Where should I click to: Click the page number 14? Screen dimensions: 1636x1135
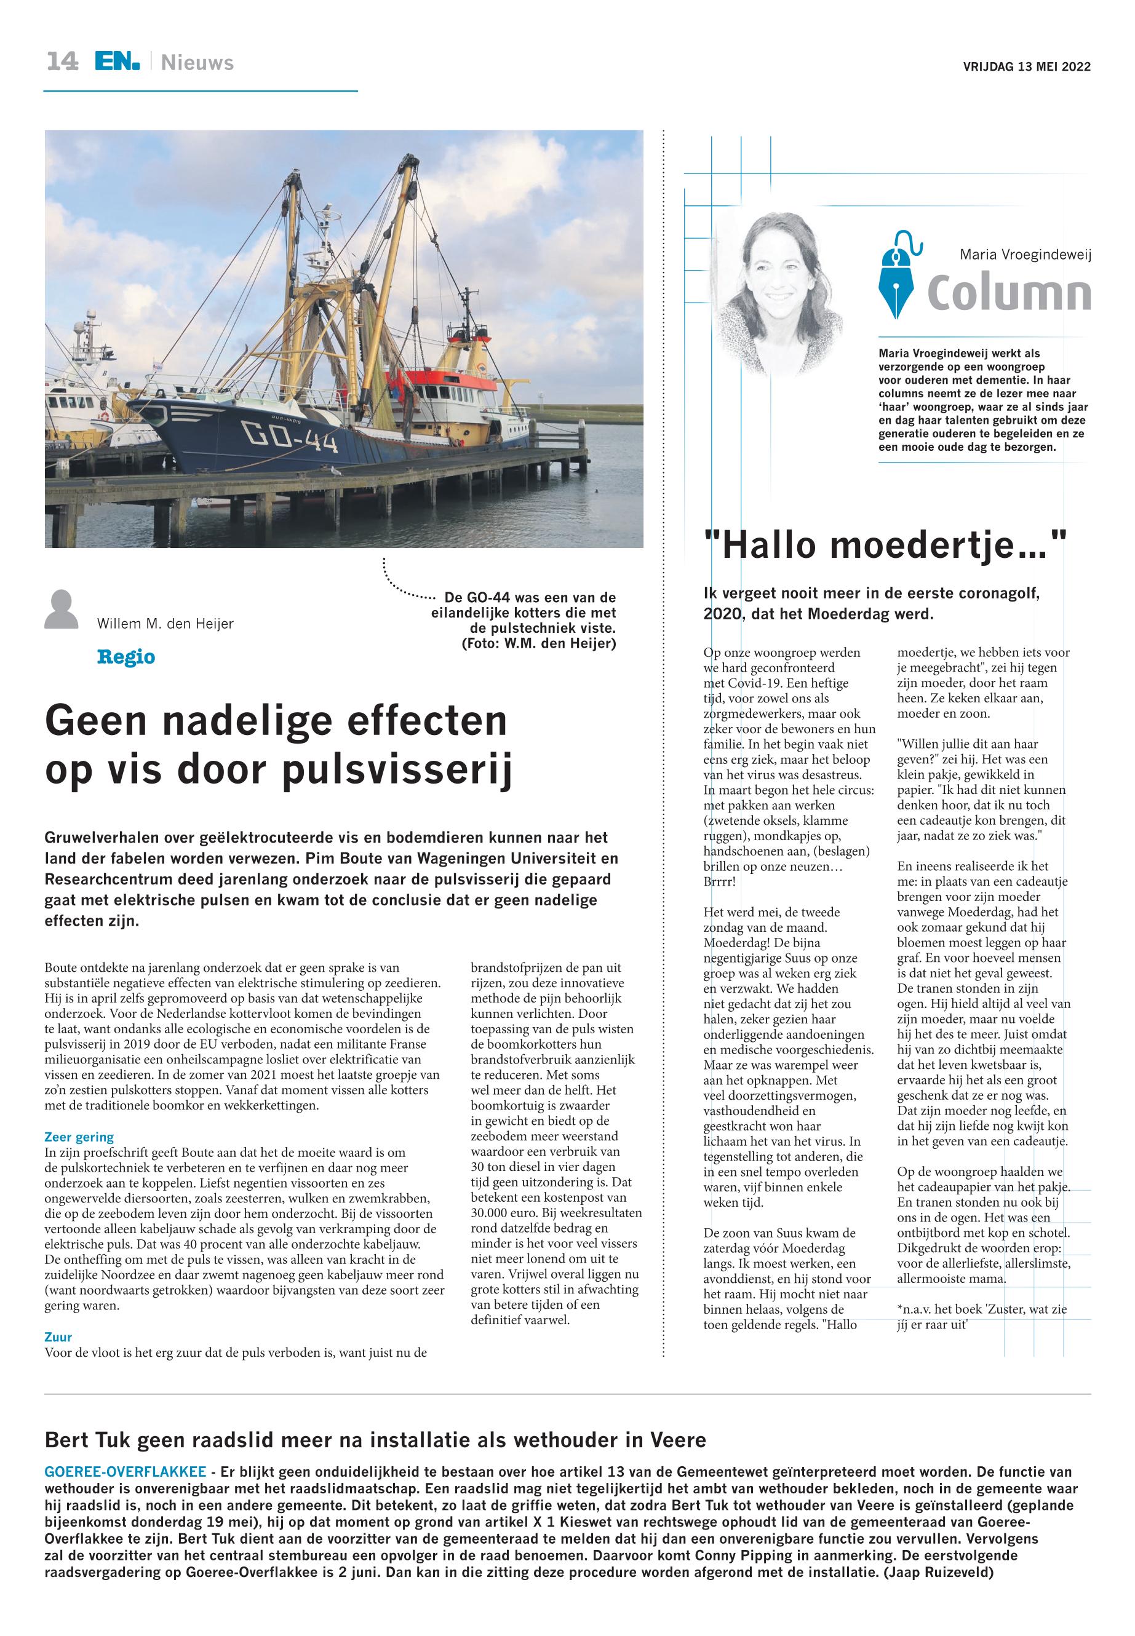(63, 62)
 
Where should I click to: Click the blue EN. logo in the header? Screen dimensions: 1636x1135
(117, 62)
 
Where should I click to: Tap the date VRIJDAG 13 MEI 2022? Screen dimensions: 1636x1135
(1026, 67)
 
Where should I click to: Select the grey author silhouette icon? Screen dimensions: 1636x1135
(61, 610)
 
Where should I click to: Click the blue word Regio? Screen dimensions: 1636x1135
(126, 656)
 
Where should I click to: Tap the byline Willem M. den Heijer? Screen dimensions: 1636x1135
(165, 624)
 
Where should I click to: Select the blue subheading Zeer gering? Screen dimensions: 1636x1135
(79, 1137)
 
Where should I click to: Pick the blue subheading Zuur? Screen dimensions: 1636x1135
(58, 1336)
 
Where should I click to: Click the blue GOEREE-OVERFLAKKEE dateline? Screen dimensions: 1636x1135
(125, 1472)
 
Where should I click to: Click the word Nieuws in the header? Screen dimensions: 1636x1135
(197, 63)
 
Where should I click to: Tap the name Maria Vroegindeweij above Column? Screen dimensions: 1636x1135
(1025, 254)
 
